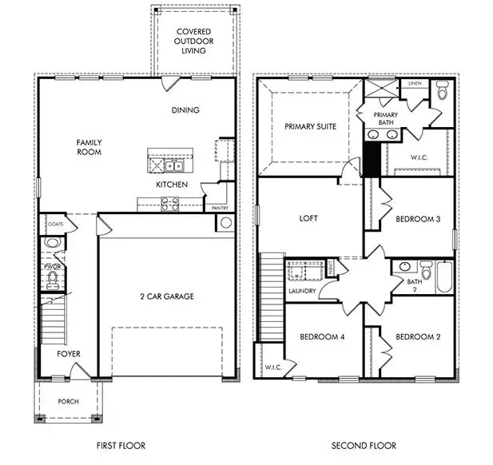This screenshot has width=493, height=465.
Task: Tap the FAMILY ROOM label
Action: coord(89,147)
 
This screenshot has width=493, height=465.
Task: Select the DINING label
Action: coord(185,110)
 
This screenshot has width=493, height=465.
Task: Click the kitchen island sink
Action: coord(177,166)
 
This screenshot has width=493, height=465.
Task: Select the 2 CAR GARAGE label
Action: coord(166,296)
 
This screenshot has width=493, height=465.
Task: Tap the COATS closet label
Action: coord(54,225)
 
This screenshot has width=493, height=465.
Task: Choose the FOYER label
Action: coord(68,354)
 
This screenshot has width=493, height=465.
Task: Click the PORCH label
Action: coord(68,401)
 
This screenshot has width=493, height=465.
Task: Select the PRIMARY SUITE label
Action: coord(311,126)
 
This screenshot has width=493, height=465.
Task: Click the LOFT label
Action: coord(308,217)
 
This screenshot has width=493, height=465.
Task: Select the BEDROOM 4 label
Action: coord(322,337)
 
